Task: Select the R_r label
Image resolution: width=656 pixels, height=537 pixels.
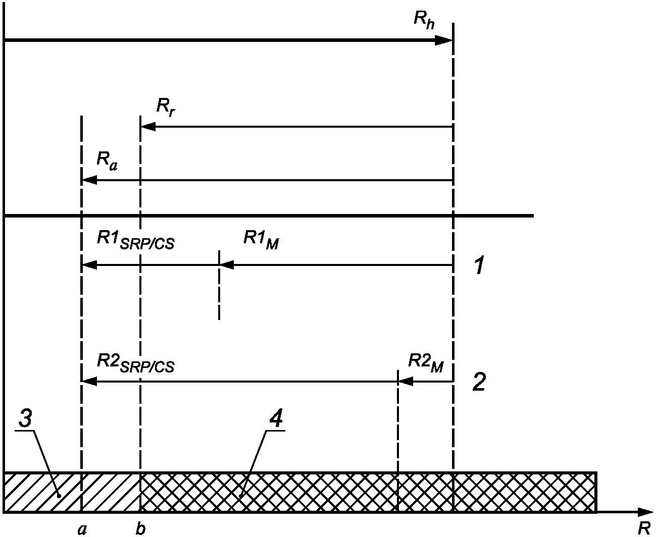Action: click(166, 108)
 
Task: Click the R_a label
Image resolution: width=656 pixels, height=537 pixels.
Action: click(107, 161)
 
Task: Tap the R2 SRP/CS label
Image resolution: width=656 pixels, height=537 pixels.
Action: click(135, 363)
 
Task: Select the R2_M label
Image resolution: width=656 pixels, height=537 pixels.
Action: click(425, 362)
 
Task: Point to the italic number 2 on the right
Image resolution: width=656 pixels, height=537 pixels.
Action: click(479, 382)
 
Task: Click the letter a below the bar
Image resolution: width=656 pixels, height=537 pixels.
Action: click(82, 528)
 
